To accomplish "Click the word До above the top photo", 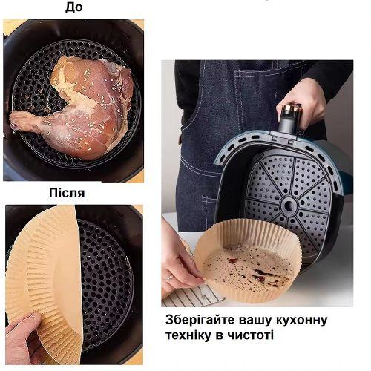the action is (74, 7).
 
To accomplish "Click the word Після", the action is (67, 193).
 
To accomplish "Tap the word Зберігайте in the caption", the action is (200, 321).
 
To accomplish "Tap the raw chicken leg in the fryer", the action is (74, 106).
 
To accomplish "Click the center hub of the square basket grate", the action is (288, 204).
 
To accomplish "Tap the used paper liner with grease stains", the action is (247, 262).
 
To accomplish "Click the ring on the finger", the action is (170, 278).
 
